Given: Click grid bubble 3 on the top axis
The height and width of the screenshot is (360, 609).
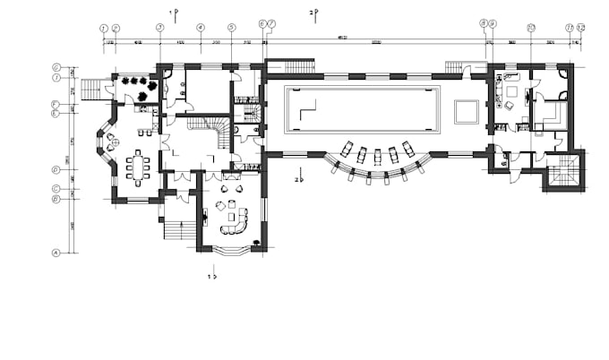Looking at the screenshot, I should (159, 28).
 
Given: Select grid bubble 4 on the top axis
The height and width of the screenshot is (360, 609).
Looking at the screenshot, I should (200, 28).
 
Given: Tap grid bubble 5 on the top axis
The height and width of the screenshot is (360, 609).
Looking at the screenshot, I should (232, 28).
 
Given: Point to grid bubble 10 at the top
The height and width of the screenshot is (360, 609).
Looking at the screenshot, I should (530, 28).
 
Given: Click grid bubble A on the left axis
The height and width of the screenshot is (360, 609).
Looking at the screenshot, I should (56, 253).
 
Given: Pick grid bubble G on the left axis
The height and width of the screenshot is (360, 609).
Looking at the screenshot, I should (56, 67).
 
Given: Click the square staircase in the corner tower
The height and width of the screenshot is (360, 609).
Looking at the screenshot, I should (562, 173).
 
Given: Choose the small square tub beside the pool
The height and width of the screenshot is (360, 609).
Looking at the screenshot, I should (466, 111).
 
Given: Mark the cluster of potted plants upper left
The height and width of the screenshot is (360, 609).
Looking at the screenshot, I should (139, 84).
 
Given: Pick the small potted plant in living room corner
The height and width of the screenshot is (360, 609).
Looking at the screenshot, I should (257, 242).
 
